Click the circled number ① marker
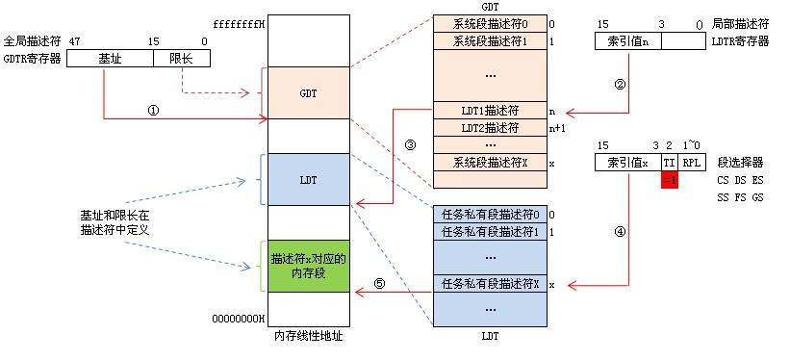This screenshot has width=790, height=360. [153, 111]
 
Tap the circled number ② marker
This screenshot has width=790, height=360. [621, 85]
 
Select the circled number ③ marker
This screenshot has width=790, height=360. [410, 144]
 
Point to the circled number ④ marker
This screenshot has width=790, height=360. [621, 231]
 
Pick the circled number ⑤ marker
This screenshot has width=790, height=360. [380, 283]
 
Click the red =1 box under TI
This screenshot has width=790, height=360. [670, 179]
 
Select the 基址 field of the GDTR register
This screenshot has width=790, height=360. [111, 59]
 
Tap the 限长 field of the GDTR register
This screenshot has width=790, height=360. [182, 59]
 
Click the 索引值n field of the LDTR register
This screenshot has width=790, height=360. [628, 41]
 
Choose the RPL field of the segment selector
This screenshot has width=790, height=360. [692, 163]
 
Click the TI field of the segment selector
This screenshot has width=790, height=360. [670, 163]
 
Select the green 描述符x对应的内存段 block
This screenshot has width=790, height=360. [308, 267]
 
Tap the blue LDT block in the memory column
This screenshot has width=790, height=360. [308, 179]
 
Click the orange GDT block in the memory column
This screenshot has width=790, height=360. [308, 93]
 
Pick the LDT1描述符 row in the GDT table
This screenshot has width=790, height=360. [490, 111]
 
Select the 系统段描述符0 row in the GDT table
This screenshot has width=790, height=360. [490, 24]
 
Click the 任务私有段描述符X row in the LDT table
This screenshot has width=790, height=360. [490, 284]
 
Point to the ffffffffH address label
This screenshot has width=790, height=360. [239, 23]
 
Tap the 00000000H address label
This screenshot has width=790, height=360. [239, 319]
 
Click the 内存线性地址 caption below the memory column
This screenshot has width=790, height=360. [308, 336]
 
